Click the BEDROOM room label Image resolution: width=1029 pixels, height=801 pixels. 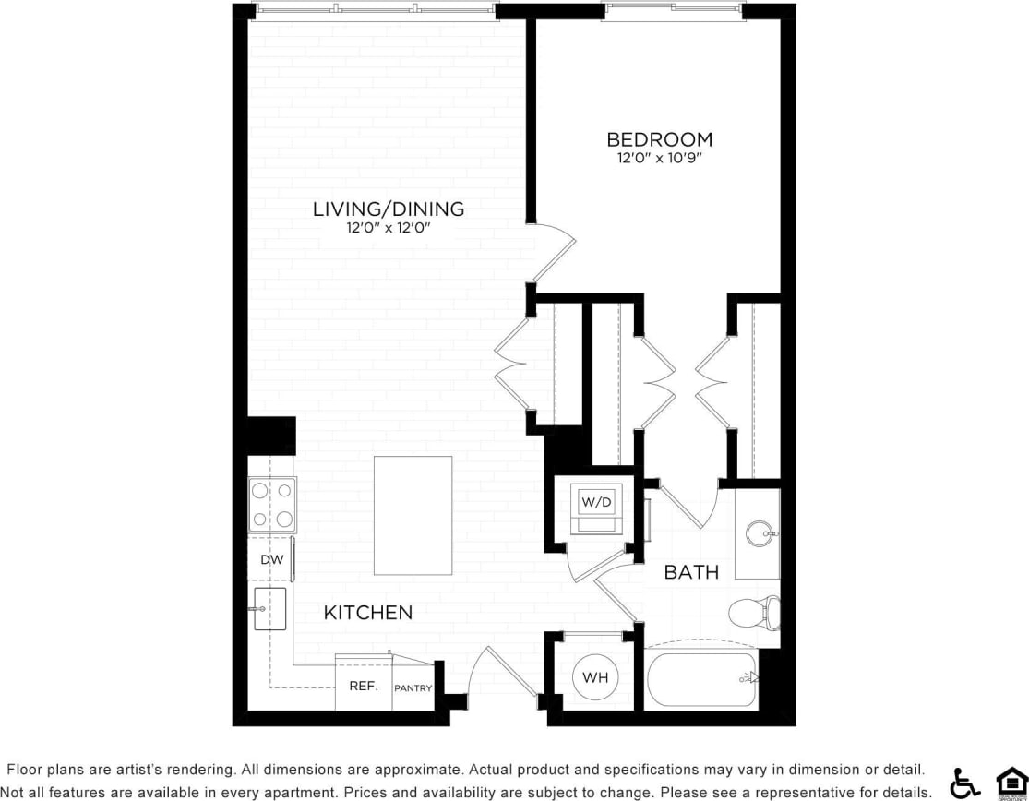tap(659, 139)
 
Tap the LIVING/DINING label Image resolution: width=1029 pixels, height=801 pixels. tap(388, 209)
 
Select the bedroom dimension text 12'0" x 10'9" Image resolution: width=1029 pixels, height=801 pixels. tap(659, 159)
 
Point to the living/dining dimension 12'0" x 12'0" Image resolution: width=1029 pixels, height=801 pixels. tap(388, 228)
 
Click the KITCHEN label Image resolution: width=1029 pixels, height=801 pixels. tap(367, 613)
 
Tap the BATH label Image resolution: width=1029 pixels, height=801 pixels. tap(691, 572)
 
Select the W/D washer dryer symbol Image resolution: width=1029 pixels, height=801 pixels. tap(595, 503)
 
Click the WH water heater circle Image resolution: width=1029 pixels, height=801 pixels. tap(595, 678)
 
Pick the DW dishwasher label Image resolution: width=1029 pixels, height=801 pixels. tap(270, 559)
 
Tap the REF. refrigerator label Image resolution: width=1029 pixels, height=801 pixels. tap(362, 687)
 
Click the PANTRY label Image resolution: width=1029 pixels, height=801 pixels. tap(413, 687)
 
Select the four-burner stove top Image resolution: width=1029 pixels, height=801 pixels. tap(272, 505)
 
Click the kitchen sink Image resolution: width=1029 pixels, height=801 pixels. tap(269, 609)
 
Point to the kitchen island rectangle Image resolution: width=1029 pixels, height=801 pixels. tap(413, 515)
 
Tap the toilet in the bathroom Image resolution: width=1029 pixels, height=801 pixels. tap(753, 612)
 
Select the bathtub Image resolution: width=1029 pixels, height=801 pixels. tap(701, 680)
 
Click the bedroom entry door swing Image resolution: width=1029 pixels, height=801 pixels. tap(554, 249)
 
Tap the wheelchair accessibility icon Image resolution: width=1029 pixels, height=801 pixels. tap(964, 783)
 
